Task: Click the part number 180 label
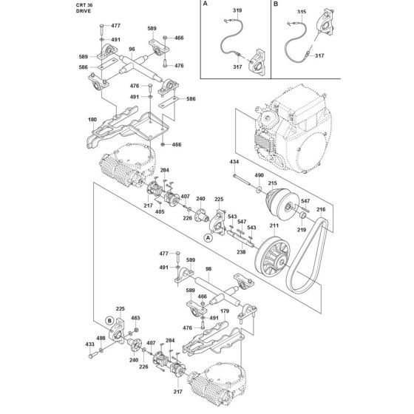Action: [x=92, y=120]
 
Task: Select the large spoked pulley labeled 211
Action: [x=273, y=256]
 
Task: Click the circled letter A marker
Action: [x=208, y=238]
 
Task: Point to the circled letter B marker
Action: [x=109, y=321]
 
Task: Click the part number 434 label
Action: [x=234, y=162]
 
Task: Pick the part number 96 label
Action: [x=132, y=49]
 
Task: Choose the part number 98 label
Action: [x=208, y=269]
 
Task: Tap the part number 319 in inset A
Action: [x=237, y=10]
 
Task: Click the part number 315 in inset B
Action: [x=302, y=12]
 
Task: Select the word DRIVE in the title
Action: [x=84, y=11]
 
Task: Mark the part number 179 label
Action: [x=225, y=311]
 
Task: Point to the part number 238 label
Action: [x=241, y=252]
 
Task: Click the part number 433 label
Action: [x=89, y=345]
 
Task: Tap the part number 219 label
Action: [x=302, y=230]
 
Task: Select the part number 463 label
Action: [x=135, y=318]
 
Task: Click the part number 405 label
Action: [x=160, y=211]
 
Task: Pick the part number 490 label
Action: [x=259, y=175]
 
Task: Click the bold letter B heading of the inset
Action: [x=276, y=4]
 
